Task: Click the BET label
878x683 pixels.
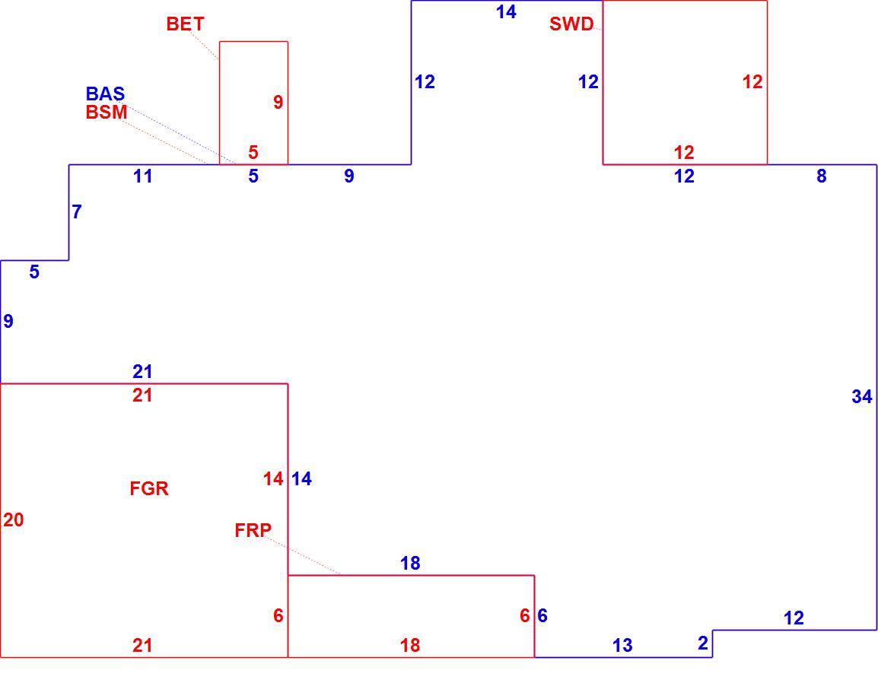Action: [x=186, y=24]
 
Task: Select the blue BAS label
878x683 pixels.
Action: [x=105, y=94]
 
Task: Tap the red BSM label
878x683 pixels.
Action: [x=107, y=112]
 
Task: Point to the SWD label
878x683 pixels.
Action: [x=571, y=24]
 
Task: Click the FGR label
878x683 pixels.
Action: [x=149, y=489]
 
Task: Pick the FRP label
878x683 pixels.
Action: [x=253, y=530]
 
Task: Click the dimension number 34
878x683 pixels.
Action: [x=862, y=397]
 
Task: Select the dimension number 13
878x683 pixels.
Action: [x=622, y=646]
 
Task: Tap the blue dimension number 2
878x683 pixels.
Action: [x=703, y=643]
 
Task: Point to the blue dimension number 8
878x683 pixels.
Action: [x=821, y=176]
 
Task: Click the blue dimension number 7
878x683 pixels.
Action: [x=77, y=211]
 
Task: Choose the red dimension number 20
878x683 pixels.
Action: [x=14, y=520]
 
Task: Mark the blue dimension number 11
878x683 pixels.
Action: [x=143, y=176]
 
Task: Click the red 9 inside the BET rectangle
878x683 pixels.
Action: [x=278, y=102]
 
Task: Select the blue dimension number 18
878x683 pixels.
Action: [x=410, y=563]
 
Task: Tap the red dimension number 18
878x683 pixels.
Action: [x=410, y=646]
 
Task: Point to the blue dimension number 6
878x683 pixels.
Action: [x=542, y=616]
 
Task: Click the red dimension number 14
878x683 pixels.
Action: [x=273, y=479]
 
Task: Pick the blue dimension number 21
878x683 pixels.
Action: [x=142, y=372]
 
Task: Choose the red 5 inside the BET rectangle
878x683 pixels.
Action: [x=253, y=152]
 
